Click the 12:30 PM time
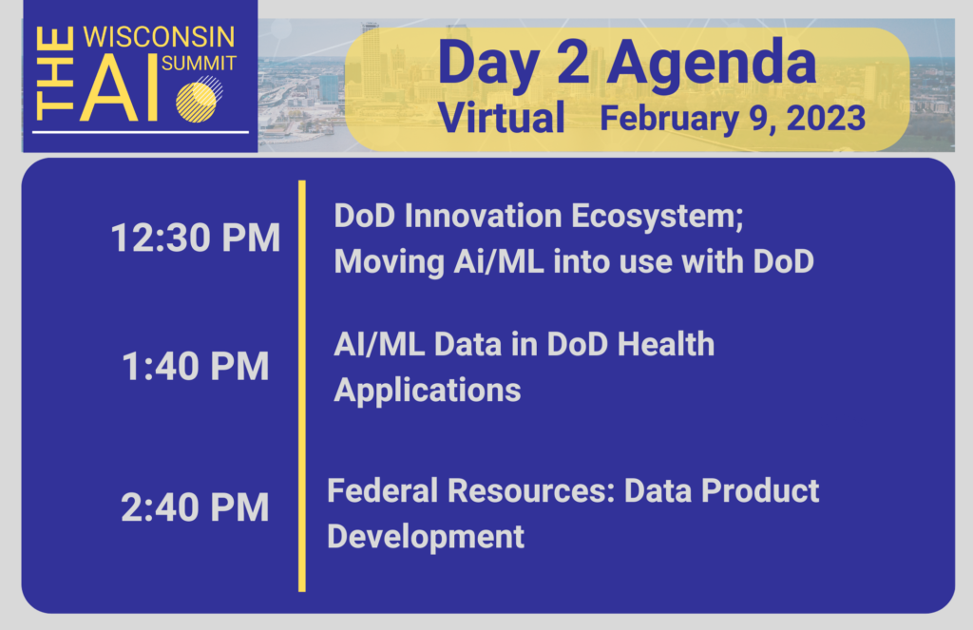point(196,238)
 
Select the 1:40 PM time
point(196,366)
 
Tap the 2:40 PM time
point(195,507)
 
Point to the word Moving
point(389,262)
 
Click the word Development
point(426,537)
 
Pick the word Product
point(760,490)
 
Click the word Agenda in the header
point(711,64)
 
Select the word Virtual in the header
point(502,117)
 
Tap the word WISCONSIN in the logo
point(159,37)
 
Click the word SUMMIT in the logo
point(199,64)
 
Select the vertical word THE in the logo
point(54,73)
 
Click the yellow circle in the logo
point(196,103)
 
